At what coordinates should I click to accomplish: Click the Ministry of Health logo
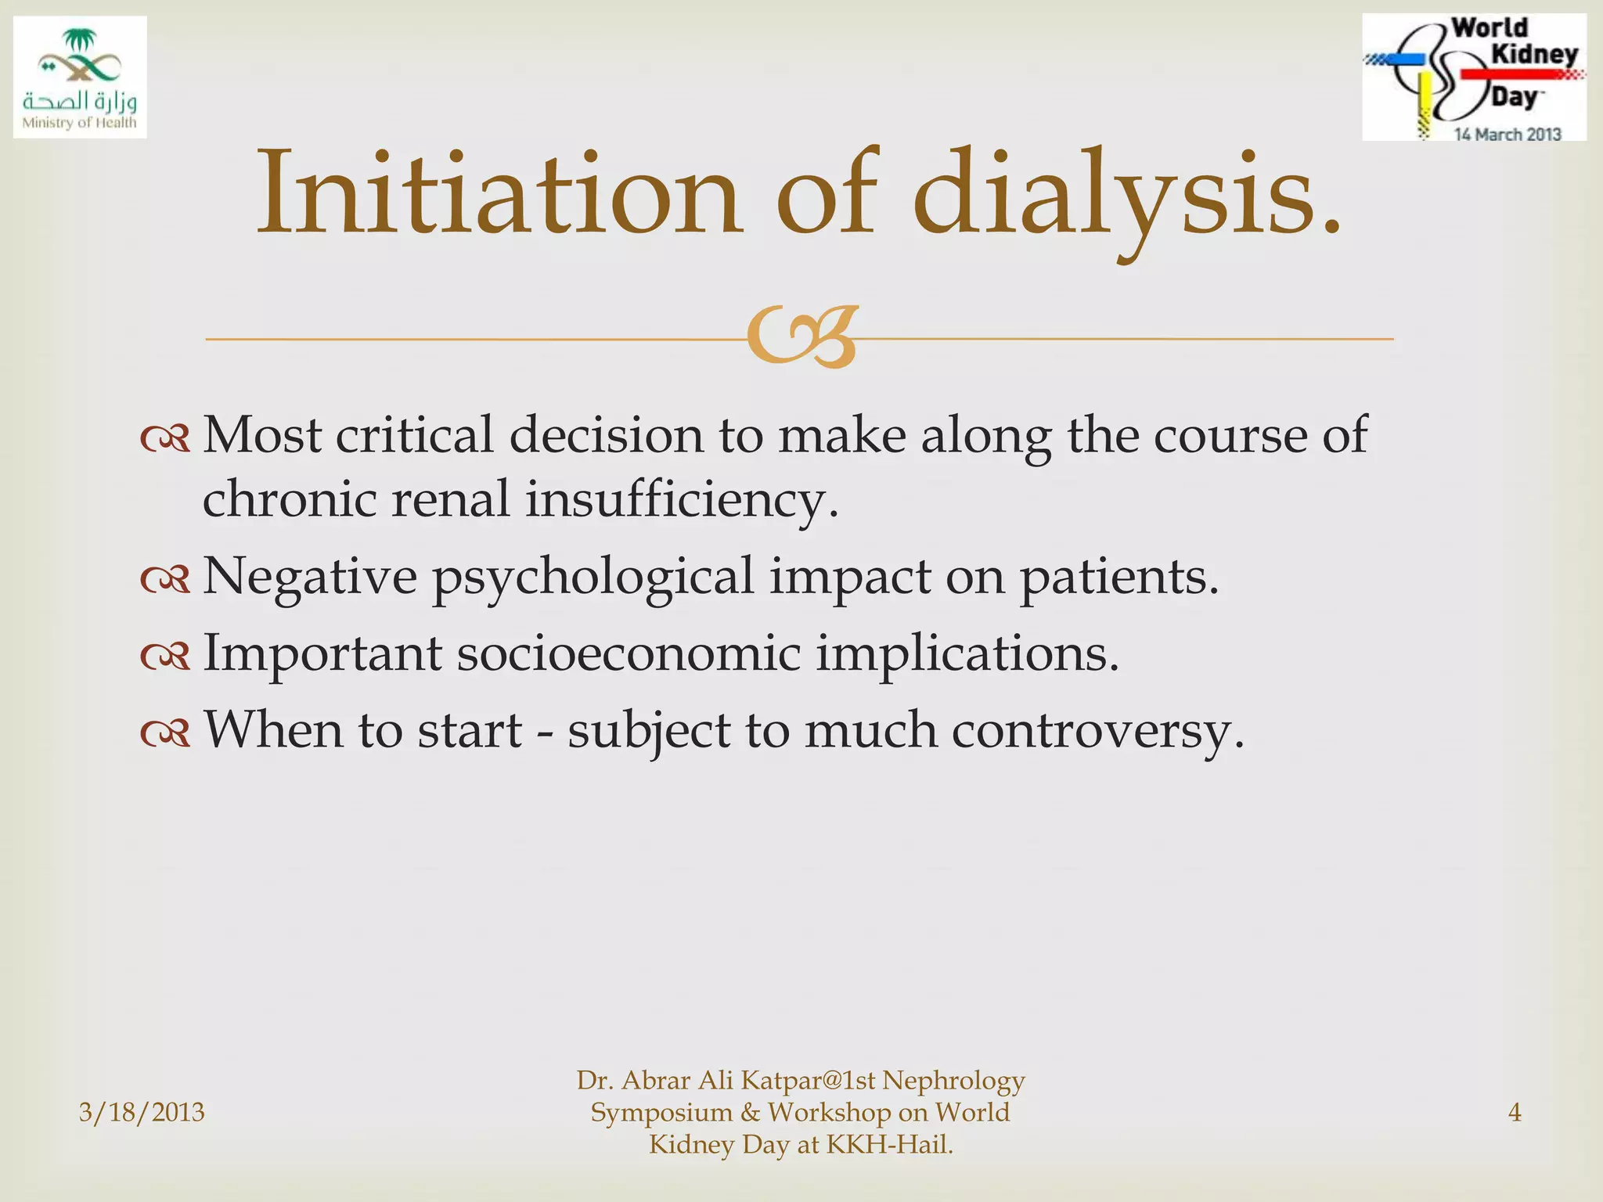pos(80,77)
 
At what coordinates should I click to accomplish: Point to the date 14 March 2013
pos(1507,135)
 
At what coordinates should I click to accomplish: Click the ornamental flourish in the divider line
pos(801,338)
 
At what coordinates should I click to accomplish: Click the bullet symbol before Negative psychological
pos(165,580)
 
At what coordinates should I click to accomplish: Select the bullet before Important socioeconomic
pos(165,657)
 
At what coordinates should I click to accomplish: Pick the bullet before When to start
pos(165,733)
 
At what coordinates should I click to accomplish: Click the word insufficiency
pos(681,499)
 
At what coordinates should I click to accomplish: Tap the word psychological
pos(593,578)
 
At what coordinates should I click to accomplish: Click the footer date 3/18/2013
pos(142,1112)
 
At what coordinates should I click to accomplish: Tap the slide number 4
pos(1515,1112)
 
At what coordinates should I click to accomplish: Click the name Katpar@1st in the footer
pos(807,1081)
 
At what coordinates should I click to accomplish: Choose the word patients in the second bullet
pos(1119,578)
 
